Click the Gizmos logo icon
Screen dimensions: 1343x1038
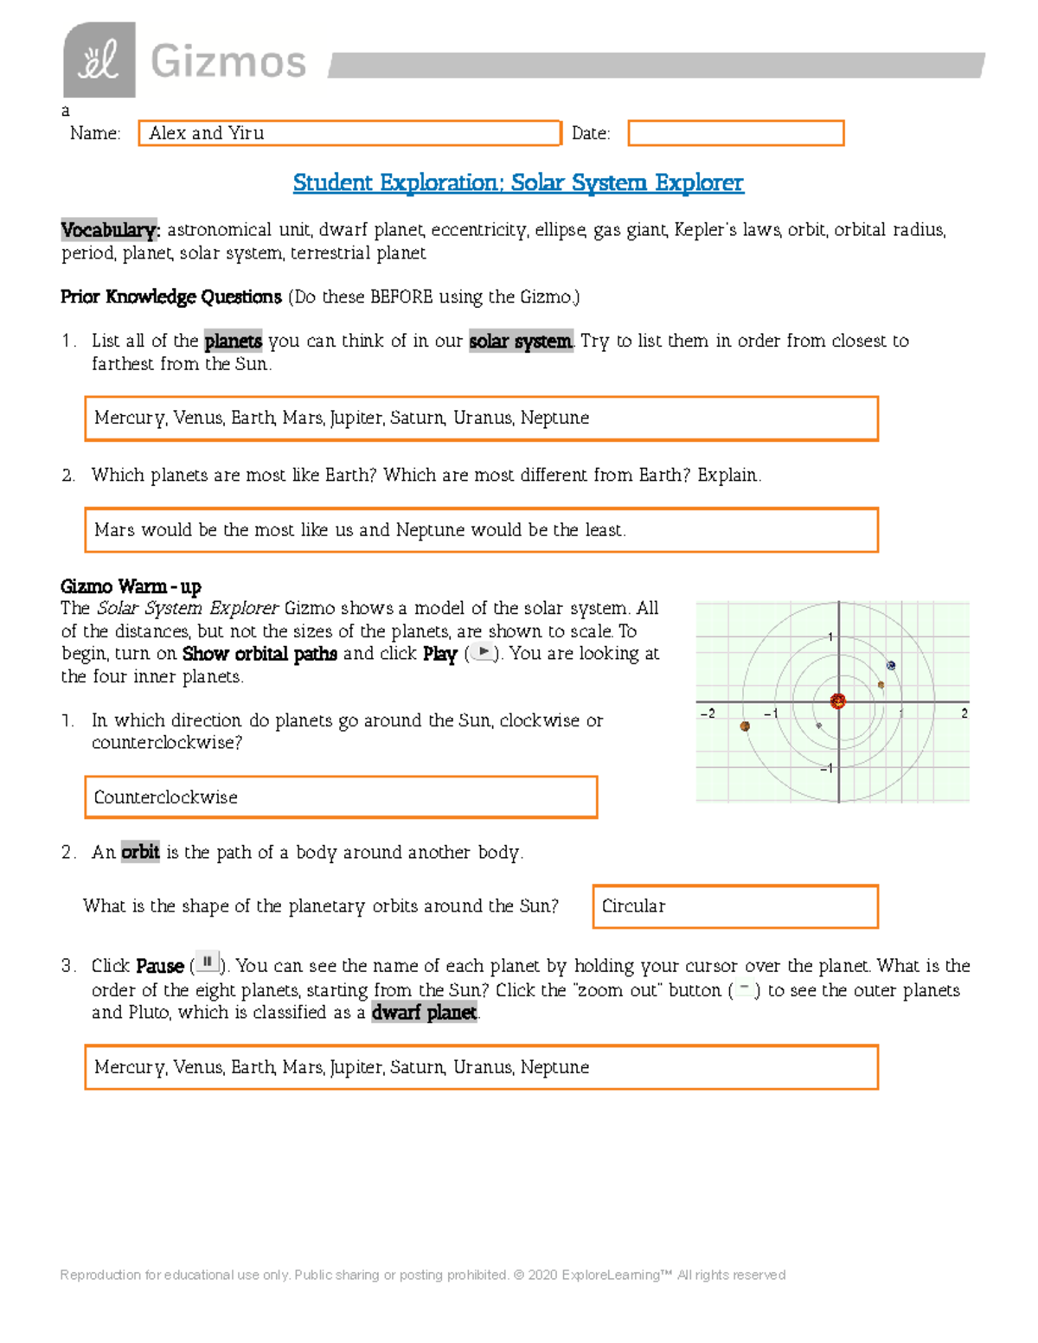(99, 60)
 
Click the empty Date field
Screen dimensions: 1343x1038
(735, 133)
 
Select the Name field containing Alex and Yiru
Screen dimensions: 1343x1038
(349, 133)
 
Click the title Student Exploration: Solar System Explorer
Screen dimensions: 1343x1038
(517, 182)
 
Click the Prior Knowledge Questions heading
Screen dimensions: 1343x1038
(171, 297)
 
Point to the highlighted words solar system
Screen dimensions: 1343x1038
(520, 341)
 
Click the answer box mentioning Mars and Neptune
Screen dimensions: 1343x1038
(481, 530)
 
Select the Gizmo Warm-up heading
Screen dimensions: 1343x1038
(131, 586)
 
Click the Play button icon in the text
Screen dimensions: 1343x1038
(483, 653)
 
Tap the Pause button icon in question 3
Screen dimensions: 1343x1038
(207, 962)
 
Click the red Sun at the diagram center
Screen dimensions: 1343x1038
(837, 701)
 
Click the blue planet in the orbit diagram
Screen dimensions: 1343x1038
(891, 665)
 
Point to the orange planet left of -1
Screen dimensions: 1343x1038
(745, 726)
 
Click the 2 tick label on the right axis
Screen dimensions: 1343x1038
(964, 713)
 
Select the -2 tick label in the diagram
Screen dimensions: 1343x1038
(708, 713)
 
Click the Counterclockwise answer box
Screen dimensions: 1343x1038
(341, 796)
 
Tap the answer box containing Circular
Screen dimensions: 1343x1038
(735, 906)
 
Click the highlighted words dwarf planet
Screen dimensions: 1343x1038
(424, 1013)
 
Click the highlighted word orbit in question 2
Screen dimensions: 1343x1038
(140, 852)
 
